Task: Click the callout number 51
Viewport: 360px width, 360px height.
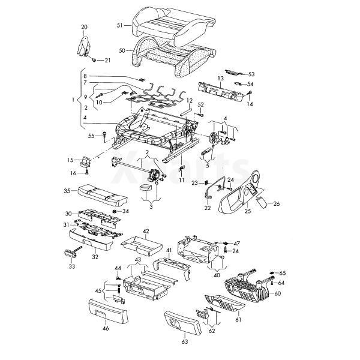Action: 119,25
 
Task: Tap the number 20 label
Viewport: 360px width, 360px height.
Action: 84,27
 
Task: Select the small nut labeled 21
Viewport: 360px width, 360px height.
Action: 95,60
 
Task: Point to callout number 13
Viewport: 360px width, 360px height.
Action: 220,79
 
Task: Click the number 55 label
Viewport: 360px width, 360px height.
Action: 92,136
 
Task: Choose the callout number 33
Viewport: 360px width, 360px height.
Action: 73,266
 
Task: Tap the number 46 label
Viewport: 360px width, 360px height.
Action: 106,329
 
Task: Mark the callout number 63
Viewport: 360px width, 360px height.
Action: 185,341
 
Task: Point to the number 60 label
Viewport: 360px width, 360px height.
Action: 277,293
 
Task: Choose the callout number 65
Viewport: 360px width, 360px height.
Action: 283,273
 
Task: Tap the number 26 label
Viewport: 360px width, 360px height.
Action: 277,203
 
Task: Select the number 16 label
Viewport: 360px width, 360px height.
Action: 73,173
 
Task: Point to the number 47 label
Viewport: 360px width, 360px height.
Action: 236,243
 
